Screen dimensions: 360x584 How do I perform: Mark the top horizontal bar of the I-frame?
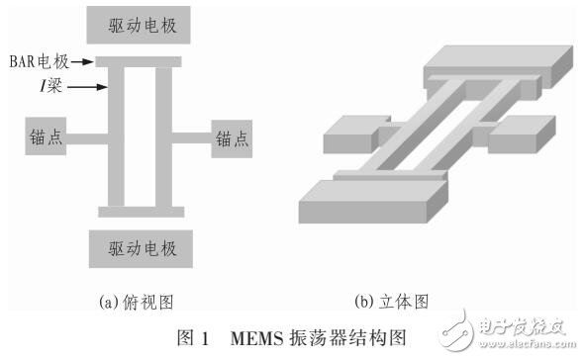tap(141, 61)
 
